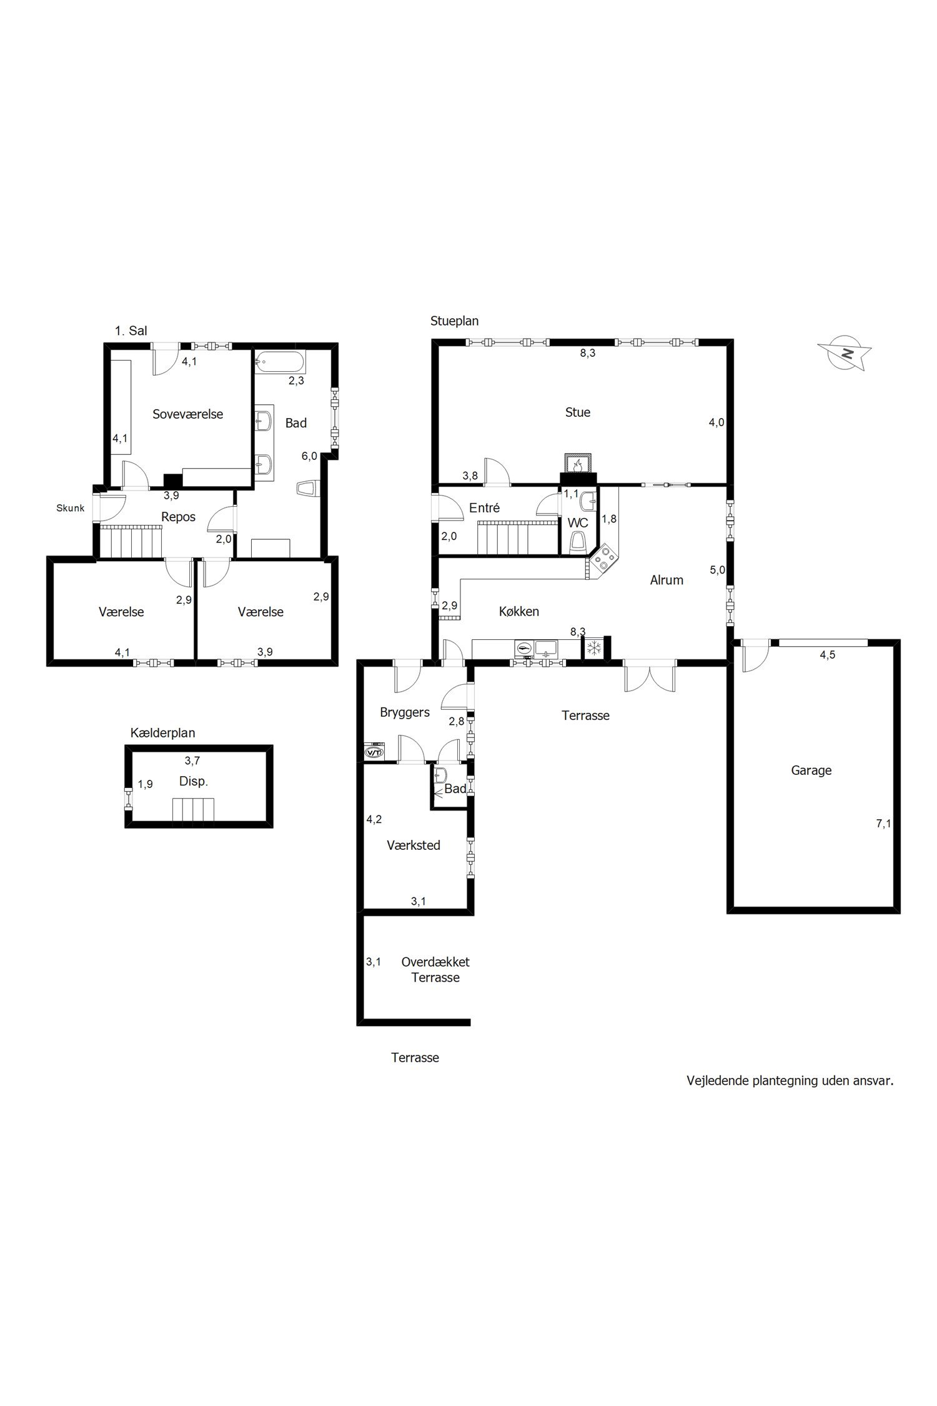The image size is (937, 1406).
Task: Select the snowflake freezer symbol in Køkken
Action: click(x=593, y=647)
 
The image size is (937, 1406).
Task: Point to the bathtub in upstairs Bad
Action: click(x=280, y=361)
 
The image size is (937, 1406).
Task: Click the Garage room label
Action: click(x=811, y=770)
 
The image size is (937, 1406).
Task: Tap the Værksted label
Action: click(x=414, y=845)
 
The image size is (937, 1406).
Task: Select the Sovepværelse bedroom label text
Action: click(x=188, y=414)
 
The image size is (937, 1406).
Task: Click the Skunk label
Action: click(x=70, y=508)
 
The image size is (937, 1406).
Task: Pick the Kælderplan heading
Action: click(x=158, y=732)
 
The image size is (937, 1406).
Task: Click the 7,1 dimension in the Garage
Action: click(x=883, y=824)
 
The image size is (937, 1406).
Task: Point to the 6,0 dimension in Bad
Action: click(x=309, y=456)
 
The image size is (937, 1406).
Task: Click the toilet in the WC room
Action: click(x=579, y=542)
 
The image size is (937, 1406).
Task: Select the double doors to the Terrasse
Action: click(x=650, y=676)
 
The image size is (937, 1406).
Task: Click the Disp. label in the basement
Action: click(x=193, y=781)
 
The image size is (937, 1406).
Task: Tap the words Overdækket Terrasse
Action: click(x=435, y=970)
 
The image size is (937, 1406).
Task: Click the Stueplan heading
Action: click(x=454, y=321)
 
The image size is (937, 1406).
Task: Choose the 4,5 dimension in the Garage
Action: click(x=828, y=655)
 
